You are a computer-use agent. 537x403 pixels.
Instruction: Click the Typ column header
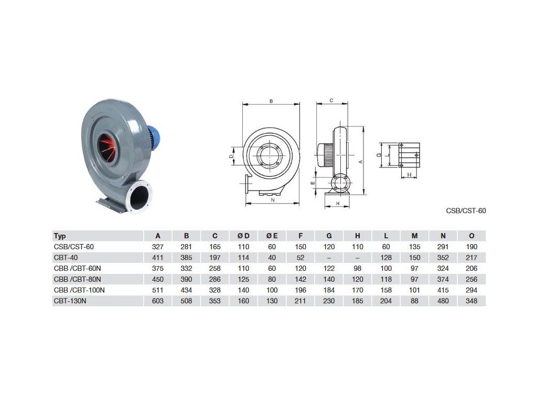[x=60, y=236]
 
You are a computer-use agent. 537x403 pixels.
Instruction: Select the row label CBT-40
[x=66, y=258]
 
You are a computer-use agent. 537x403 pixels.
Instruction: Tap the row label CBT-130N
[x=70, y=301]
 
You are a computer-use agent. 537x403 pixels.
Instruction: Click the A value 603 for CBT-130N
[x=158, y=301]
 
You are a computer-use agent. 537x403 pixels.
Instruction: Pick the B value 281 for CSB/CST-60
[x=186, y=247]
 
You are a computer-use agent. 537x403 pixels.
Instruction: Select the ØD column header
[x=243, y=236]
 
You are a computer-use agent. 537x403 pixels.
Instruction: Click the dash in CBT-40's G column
[x=329, y=258]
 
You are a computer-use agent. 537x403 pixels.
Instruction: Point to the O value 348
[x=471, y=301]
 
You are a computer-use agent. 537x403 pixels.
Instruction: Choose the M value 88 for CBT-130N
[x=414, y=301]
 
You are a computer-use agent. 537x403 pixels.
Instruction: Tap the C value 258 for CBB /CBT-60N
[x=214, y=268]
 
